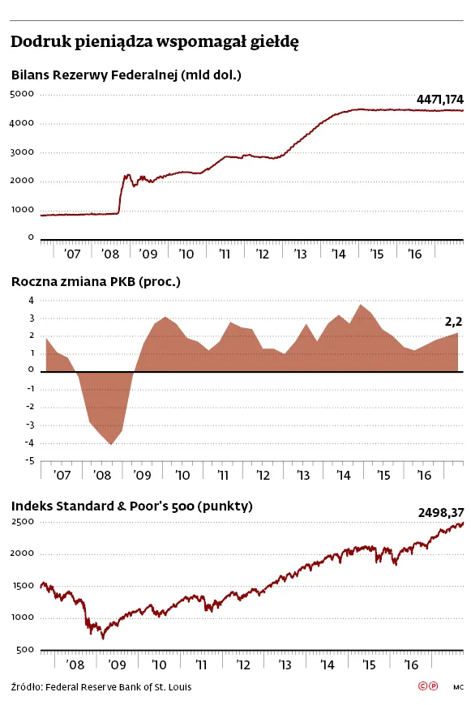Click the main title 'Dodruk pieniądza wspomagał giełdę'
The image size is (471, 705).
[x=155, y=42]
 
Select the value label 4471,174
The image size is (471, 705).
[x=439, y=100]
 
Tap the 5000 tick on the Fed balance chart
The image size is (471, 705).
[x=22, y=94]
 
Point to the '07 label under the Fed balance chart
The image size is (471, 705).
[x=72, y=254]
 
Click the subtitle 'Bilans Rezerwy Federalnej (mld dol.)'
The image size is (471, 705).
[x=126, y=75]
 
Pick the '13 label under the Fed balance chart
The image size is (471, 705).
[x=300, y=254]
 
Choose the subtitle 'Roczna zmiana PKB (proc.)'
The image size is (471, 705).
[x=96, y=282]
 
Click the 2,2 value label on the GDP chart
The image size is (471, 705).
[x=453, y=322]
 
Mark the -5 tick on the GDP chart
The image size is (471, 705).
[x=30, y=461]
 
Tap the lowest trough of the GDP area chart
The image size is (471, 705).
[x=111, y=444]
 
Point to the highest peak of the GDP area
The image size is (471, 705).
[x=360, y=305]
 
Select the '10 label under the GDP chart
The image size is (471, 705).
[x=182, y=475]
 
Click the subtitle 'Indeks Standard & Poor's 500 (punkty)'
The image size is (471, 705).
[x=132, y=506]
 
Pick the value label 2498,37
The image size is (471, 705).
[x=441, y=513]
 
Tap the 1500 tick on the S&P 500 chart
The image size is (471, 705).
[x=23, y=586]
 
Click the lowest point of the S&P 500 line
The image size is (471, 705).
[x=103, y=638]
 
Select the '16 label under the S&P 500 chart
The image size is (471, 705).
[x=411, y=665]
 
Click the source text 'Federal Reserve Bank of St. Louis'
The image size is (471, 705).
[x=118, y=687]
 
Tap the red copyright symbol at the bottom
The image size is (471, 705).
[x=422, y=686]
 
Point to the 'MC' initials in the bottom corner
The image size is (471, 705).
[x=458, y=687]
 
